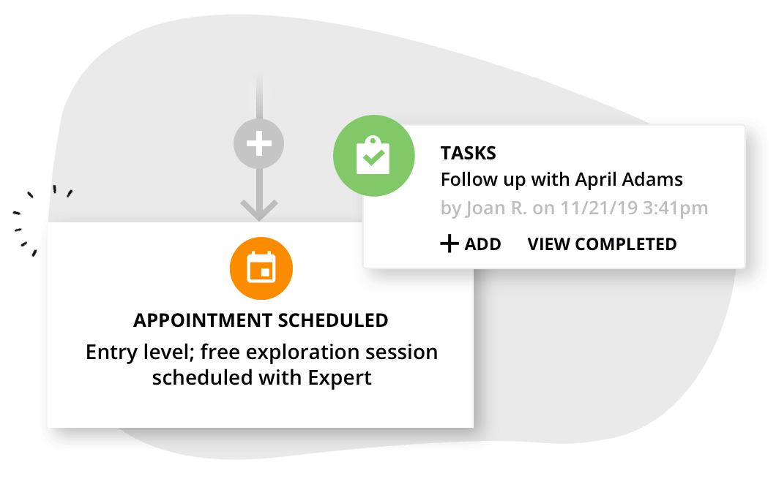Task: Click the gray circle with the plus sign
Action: (x=258, y=144)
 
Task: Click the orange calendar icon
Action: (x=261, y=268)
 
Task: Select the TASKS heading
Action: (x=468, y=154)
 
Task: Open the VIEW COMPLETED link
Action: (x=602, y=244)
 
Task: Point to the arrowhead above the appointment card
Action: (x=258, y=210)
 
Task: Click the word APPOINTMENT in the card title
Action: (x=196, y=320)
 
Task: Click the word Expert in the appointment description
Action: (x=340, y=378)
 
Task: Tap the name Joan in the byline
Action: (x=485, y=208)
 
